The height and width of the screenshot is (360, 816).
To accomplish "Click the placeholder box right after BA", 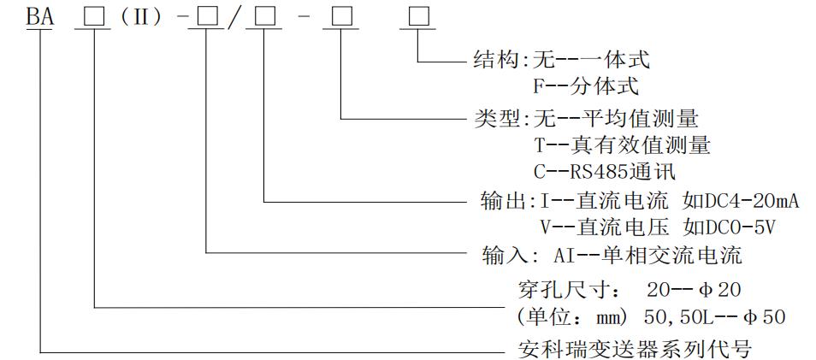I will pyautogui.click(x=92, y=16).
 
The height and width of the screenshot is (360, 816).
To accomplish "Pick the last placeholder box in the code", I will pyautogui.click(x=418, y=16).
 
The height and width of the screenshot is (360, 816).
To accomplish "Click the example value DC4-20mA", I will pyautogui.click(x=741, y=202).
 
